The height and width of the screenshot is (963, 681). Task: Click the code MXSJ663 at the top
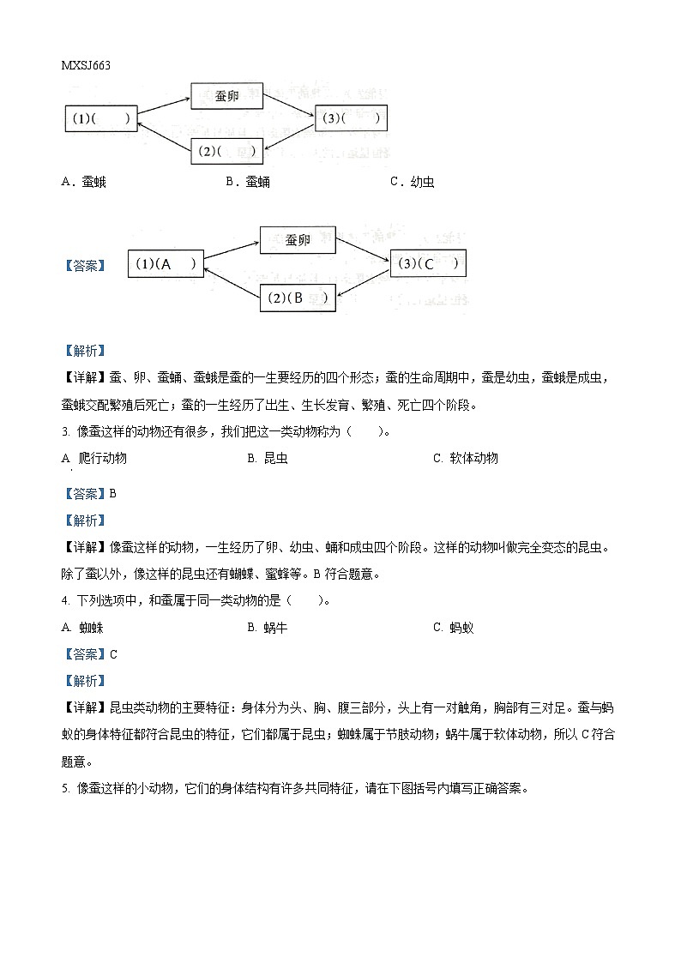pos(87,65)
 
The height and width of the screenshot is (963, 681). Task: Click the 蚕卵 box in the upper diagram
pos(226,96)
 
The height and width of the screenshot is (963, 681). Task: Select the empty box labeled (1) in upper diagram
pos(101,119)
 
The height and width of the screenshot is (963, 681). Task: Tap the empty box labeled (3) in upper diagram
pos(352,118)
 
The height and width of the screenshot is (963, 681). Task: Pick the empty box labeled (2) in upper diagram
pos(226,151)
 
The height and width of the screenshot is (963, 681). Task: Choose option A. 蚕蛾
pos(84,182)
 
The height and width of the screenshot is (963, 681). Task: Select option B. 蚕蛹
pos(248,182)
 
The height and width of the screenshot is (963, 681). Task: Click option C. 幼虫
pos(412,182)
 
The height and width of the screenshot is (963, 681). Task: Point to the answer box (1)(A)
pos(166,265)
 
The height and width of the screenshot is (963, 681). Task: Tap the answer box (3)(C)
pos(428,264)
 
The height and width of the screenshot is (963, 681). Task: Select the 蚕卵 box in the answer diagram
pos(298,240)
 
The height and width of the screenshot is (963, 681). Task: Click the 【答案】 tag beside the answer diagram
pos(85,266)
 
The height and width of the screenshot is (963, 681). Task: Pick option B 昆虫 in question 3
pos(268,458)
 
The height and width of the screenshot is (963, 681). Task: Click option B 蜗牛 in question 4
pos(268,628)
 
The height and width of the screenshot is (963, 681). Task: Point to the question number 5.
pos(65,789)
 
